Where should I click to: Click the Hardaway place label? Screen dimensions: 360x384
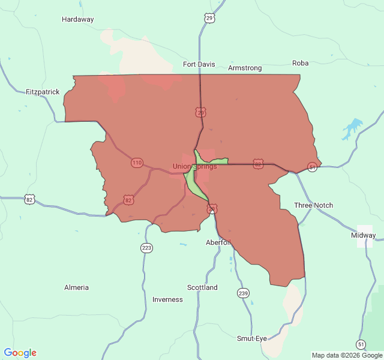point(78,19)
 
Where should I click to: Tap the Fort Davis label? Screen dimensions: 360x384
point(199,64)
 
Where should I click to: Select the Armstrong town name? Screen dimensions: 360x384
point(245,68)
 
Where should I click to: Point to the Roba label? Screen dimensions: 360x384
point(300,63)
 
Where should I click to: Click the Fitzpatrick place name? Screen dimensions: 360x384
point(43,92)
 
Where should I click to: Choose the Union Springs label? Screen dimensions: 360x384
point(195,166)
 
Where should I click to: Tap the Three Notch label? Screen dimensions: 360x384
point(313,205)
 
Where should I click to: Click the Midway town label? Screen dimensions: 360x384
point(364,235)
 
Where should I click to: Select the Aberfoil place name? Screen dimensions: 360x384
point(218,242)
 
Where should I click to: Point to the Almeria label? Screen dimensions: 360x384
point(76,287)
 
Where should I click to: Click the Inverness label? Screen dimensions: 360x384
point(167,299)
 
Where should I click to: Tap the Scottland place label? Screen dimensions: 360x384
point(202,287)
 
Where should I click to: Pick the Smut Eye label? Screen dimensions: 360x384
point(252,338)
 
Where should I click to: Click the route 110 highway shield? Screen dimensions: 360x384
point(137,163)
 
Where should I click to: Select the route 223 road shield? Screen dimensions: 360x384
point(146,248)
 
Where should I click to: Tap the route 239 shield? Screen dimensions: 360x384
point(243,293)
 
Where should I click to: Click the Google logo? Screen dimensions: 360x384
point(20,353)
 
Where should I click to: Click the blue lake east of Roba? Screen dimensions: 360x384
point(352,128)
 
